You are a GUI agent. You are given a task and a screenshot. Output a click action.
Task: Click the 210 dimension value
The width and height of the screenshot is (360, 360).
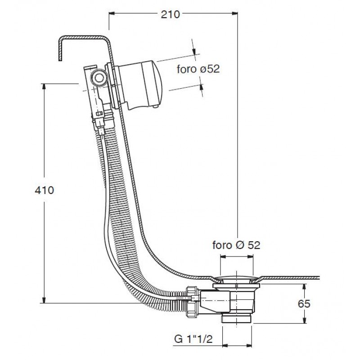pos(170,14)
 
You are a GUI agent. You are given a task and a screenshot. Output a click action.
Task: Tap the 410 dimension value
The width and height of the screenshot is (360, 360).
pos(44,190)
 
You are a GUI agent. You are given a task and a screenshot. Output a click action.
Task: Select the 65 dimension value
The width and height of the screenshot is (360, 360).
pos(304,303)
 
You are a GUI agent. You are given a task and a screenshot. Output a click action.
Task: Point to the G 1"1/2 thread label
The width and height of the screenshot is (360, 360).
pos(193,339)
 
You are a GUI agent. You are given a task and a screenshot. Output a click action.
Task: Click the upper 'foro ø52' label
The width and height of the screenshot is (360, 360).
pos(198,69)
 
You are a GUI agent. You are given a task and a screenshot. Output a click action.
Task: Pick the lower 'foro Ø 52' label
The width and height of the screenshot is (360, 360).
pos(236,245)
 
